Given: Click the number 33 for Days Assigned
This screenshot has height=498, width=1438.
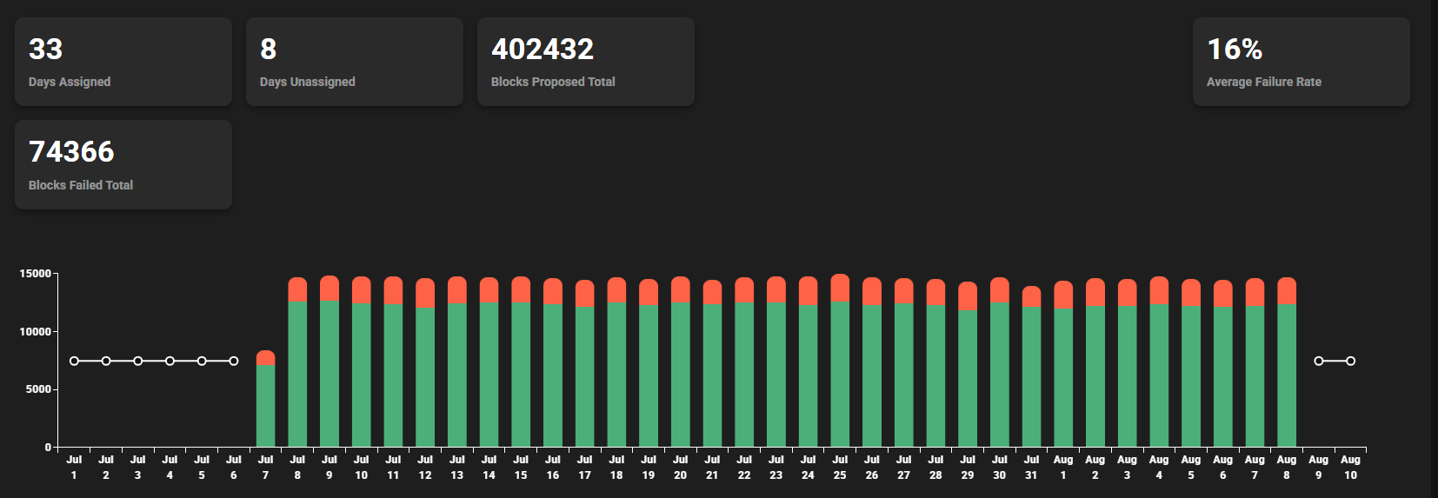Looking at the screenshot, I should tap(45, 50).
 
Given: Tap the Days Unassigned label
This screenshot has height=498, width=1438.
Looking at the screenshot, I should tap(307, 82).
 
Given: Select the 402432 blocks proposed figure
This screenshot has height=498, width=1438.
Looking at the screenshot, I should tap(543, 50).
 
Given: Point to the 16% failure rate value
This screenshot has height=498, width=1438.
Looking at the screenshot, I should tap(1235, 50).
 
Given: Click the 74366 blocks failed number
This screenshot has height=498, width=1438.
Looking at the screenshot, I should tap(71, 152).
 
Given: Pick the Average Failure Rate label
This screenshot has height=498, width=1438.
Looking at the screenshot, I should tap(1263, 82).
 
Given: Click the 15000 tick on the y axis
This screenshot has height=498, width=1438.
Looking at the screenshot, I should tap(36, 274).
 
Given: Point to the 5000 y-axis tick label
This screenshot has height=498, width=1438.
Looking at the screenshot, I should tap(38, 389).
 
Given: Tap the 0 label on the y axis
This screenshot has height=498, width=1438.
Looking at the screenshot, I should tap(49, 447).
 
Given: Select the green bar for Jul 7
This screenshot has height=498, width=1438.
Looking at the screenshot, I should tap(265, 407).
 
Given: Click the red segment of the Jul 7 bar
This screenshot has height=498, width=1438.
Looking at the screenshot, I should tap(265, 357).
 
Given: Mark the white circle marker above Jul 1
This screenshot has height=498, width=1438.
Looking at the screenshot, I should tap(74, 361).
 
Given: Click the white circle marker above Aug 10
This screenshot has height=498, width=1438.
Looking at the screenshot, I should tap(1350, 361).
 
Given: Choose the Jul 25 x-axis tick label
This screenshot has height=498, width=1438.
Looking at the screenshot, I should tap(840, 468).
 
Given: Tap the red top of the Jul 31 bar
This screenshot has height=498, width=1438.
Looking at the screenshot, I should tap(1031, 296).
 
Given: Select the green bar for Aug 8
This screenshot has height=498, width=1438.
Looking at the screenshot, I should tap(1287, 375).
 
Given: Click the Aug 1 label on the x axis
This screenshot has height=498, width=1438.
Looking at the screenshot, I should tap(1063, 468).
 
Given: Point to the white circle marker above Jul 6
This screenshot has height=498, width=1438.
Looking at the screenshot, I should tap(234, 361).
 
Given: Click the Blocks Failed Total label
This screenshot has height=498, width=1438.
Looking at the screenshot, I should tap(81, 185).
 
